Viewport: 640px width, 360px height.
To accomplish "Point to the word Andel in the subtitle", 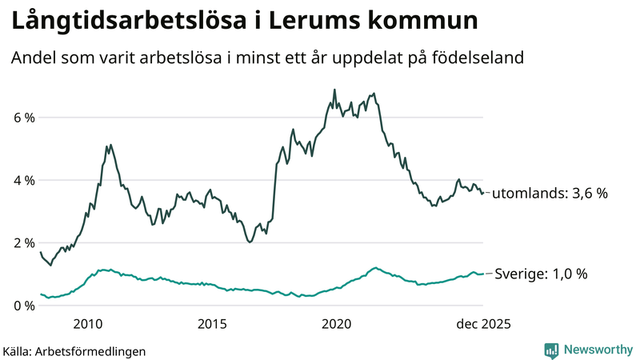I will click(33, 58).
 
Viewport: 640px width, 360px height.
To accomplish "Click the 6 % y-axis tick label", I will click(24, 118).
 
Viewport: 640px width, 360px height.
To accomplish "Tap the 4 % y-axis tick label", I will click(24, 181).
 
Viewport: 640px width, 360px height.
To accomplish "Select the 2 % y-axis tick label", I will click(24, 243).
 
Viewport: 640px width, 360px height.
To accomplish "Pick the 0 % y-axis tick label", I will click(24, 306).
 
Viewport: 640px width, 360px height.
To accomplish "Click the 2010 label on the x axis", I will click(87, 324).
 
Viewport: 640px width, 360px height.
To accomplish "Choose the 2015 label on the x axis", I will click(212, 324).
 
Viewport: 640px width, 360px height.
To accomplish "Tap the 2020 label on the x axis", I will click(337, 324).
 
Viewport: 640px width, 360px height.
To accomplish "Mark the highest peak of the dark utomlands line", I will click(334, 90).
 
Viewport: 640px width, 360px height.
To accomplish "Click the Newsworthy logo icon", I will click(551, 350).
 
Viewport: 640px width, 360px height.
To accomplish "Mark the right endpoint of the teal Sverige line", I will click(483, 274).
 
